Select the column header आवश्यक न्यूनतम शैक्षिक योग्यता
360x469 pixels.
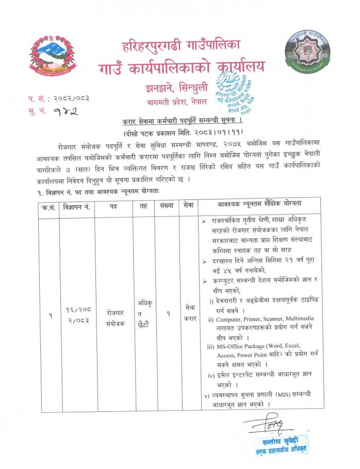(x=260, y=205)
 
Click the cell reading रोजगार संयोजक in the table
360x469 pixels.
(x=113, y=315)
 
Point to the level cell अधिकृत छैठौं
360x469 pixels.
(x=144, y=311)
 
